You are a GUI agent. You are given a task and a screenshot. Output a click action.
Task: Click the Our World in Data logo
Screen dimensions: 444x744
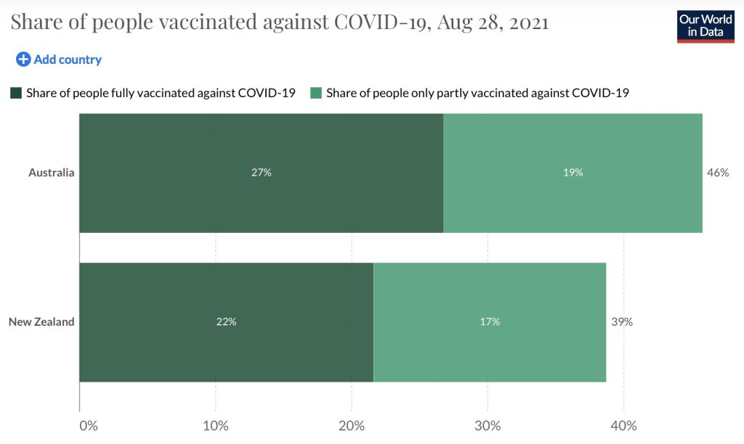click(x=705, y=26)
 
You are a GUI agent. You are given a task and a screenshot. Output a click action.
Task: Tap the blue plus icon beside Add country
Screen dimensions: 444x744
click(x=23, y=59)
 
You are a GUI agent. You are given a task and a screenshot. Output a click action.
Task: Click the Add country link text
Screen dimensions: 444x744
click(x=68, y=59)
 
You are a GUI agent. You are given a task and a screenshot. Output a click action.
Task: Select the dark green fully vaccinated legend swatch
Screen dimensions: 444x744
click(x=16, y=93)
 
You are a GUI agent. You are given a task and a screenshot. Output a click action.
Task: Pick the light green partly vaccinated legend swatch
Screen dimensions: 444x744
click(x=316, y=93)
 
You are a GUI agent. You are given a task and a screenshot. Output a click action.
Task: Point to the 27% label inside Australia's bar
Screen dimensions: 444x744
click(x=262, y=173)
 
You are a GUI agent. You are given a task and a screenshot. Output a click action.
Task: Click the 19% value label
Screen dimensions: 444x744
click(x=573, y=173)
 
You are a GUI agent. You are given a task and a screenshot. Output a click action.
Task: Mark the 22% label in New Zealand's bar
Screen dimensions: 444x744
click(x=226, y=321)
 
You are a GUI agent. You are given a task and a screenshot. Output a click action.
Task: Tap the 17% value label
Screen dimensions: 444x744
click(x=490, y=321)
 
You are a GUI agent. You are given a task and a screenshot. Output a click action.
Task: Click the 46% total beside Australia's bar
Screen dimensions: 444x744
click(x=717, y=173)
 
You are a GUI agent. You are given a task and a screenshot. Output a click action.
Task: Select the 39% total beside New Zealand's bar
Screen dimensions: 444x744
click(x=621, y=321)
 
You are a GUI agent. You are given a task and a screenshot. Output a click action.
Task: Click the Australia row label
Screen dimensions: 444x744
click(x=51, y=173)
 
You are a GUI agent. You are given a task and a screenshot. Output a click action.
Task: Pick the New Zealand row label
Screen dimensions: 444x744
click(x=41, y=321)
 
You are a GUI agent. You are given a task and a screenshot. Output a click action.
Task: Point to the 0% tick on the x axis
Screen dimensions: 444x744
click(x=88, y=426)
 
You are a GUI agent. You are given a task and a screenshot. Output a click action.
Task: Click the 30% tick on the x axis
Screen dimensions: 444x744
click(x=488, y=426)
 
